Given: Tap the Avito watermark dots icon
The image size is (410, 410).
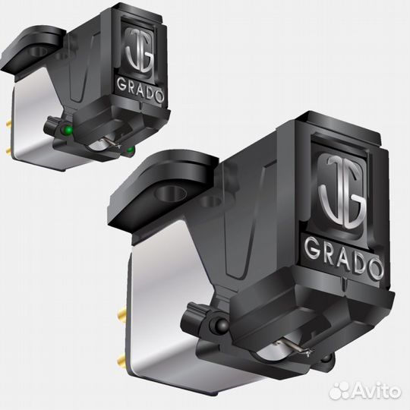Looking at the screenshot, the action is [x=340, y=392].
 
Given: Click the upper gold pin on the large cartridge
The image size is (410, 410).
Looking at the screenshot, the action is [x=122, y=312].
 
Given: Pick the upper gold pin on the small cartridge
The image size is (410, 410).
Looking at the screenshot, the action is [x=9, y=122].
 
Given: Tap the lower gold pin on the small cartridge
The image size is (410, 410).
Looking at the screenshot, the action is [x=8, y=150].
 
